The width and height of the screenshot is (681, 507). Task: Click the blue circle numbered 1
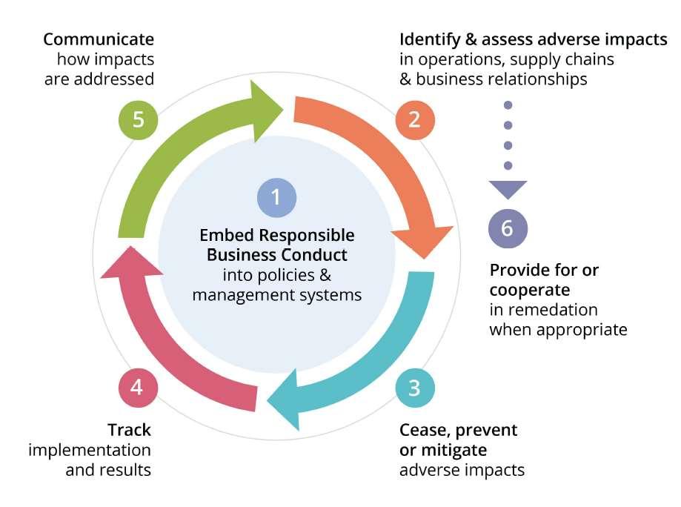tap(276, 197)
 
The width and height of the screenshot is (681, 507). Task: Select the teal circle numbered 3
tap(414, 387)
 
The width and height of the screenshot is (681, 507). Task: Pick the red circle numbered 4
tap(138, 387)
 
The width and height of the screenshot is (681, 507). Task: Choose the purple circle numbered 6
tap(507, 228)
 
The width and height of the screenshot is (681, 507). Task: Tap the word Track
tap(129, 430)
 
